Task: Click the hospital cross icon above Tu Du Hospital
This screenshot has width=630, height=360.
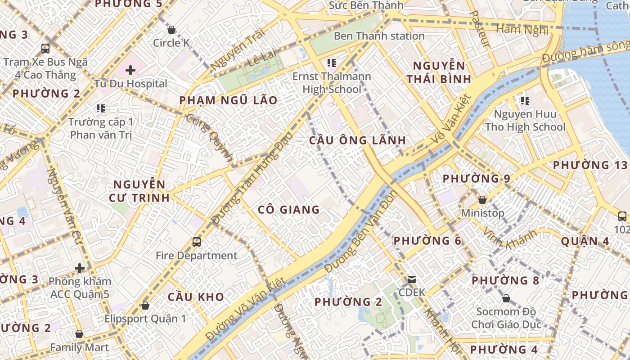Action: [130, 70]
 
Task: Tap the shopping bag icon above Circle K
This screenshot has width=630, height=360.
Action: [171, 30]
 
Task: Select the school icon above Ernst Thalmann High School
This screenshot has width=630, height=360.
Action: [332, 63]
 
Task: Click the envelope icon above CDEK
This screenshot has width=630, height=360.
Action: [412, 279]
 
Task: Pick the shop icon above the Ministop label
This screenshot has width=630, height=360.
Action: [482, 200]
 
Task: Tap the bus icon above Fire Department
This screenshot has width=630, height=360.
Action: [196, 242]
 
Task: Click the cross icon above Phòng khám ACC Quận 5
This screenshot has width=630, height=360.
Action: [80, 269]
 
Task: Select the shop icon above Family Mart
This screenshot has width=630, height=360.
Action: [79, 334]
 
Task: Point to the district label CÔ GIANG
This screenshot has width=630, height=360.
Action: [288, 210]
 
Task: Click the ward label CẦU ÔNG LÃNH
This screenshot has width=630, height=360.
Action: [358, 140]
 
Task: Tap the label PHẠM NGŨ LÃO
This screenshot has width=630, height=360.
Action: [228, 100]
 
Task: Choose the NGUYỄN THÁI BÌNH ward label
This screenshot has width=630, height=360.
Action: [439, 72]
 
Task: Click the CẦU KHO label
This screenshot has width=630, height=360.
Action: [196, 297]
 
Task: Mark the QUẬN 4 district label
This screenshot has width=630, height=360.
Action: [585, 242]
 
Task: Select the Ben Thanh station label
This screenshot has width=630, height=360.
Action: [379, 36]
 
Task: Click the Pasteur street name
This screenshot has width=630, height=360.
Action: [479, 29]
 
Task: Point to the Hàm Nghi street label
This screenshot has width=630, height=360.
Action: [522, 30]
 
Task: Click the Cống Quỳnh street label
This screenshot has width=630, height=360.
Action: [210, 138]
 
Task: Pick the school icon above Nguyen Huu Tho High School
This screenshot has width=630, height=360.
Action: [525, 101]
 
